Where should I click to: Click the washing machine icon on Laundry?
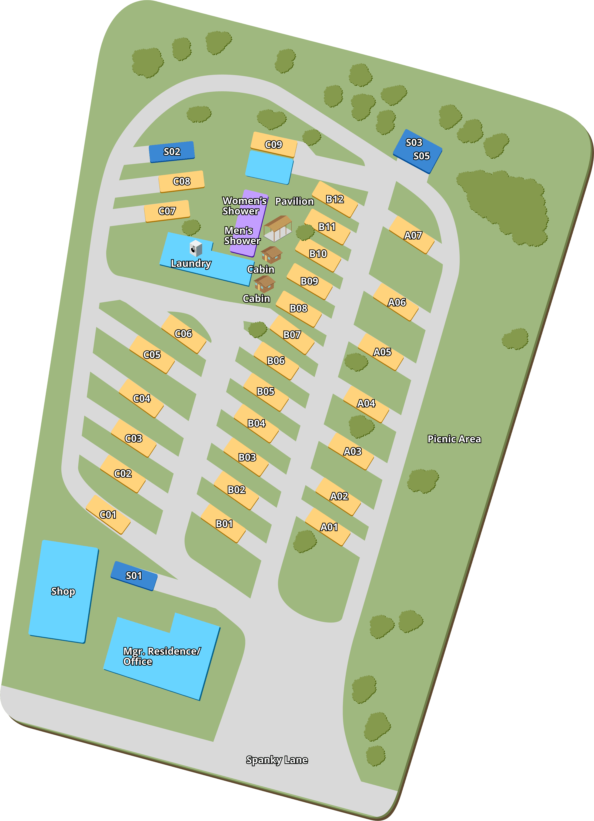[196, 248]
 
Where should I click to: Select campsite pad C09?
[273, 144]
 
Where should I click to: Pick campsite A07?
[412, 235]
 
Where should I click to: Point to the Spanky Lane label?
[277, 759]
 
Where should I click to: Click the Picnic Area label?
[454, 439]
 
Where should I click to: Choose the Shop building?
[64, 591]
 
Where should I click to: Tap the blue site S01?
[134, 576]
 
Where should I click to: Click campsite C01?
[108, 514]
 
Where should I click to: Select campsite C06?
[183, 333]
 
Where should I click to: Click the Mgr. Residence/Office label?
[162, 656]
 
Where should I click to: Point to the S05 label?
[421, 156]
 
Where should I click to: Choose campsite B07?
[292, 335]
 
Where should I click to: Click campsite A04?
[366, 403]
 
